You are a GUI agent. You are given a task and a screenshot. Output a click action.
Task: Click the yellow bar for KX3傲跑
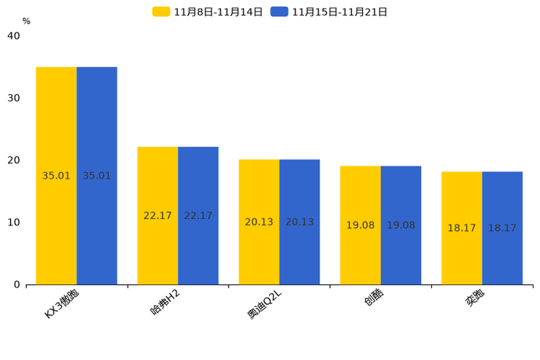click(x=57, y=176)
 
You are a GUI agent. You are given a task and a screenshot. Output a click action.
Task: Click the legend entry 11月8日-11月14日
click(x=208, y=12)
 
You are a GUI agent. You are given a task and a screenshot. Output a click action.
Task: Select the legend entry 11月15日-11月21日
click(x=330, y=12)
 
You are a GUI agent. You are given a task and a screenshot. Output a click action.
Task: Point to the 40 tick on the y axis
click(x=13, y=36)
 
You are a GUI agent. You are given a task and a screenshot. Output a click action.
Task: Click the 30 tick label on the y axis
click(x=13, y=98)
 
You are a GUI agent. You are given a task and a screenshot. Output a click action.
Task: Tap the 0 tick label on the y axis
click(x=16, y=285)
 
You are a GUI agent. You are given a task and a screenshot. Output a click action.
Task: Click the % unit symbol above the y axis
click(x=26, y=21)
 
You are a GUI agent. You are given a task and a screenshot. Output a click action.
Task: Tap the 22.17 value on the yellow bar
click(x=157, y=216)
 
